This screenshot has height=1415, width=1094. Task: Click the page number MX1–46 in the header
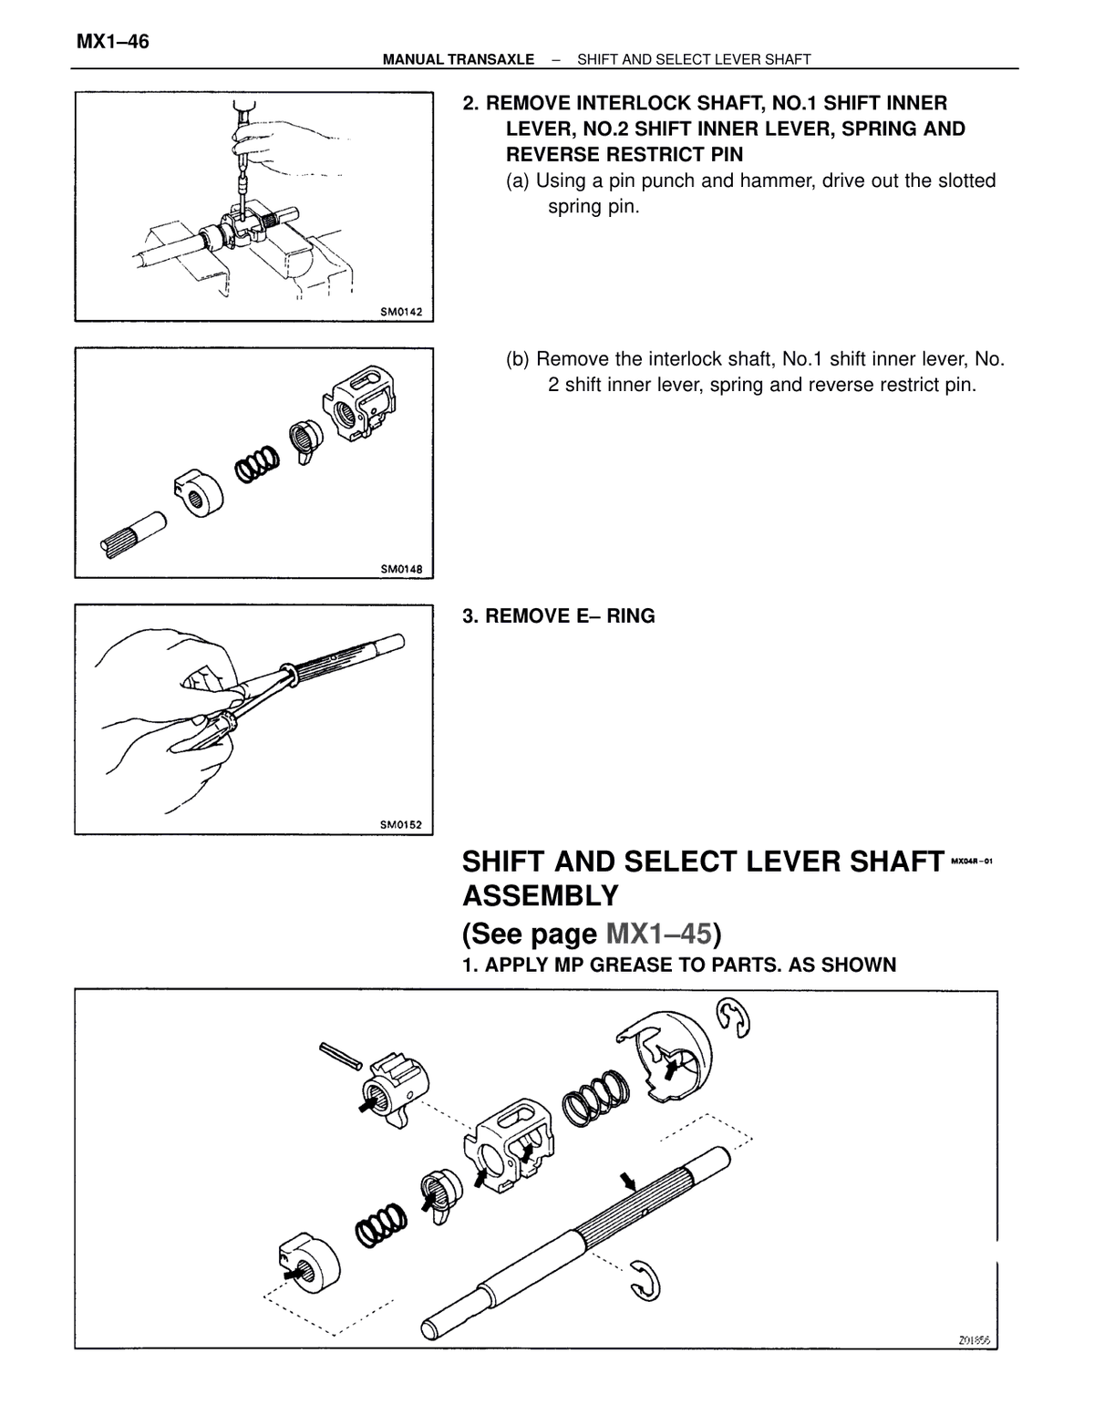(x=112, y=42)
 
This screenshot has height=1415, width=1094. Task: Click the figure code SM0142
(x=401, y=312)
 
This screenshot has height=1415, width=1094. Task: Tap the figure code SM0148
(x=401, y=569)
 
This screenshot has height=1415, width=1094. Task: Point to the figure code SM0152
(x=401, y=825)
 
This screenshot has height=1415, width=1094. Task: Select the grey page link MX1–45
(x=658, y=933)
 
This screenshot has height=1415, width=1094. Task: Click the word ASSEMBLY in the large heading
(x=541, y=896)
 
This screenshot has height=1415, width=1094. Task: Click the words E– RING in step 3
(x=615, y=615)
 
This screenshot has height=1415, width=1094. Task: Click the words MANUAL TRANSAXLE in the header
(x=459, y=59)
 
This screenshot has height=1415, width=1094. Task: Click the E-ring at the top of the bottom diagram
(x=734, y=1018)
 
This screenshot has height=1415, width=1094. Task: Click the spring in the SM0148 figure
(x=257, y=464)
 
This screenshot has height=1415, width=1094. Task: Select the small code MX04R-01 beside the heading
(x=972, y=861)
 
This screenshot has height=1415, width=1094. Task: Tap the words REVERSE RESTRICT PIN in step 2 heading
(x=624, y=154)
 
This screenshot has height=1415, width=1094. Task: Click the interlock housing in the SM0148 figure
(x=359, y=403)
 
